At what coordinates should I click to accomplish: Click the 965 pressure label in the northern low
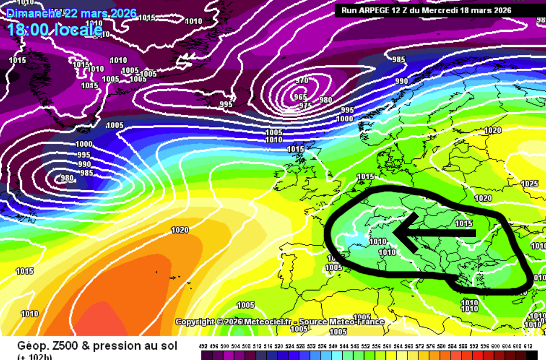300,97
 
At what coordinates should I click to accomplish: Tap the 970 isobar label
302,81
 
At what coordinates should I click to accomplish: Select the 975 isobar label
306,106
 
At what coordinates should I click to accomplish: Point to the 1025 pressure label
529,184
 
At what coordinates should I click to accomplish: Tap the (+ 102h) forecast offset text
35,357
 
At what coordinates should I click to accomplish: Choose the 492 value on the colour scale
203,346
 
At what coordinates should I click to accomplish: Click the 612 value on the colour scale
528,346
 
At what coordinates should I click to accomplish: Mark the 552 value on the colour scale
366,346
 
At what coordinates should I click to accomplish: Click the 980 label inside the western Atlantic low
67,178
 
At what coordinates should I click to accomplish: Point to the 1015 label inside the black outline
464,224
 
